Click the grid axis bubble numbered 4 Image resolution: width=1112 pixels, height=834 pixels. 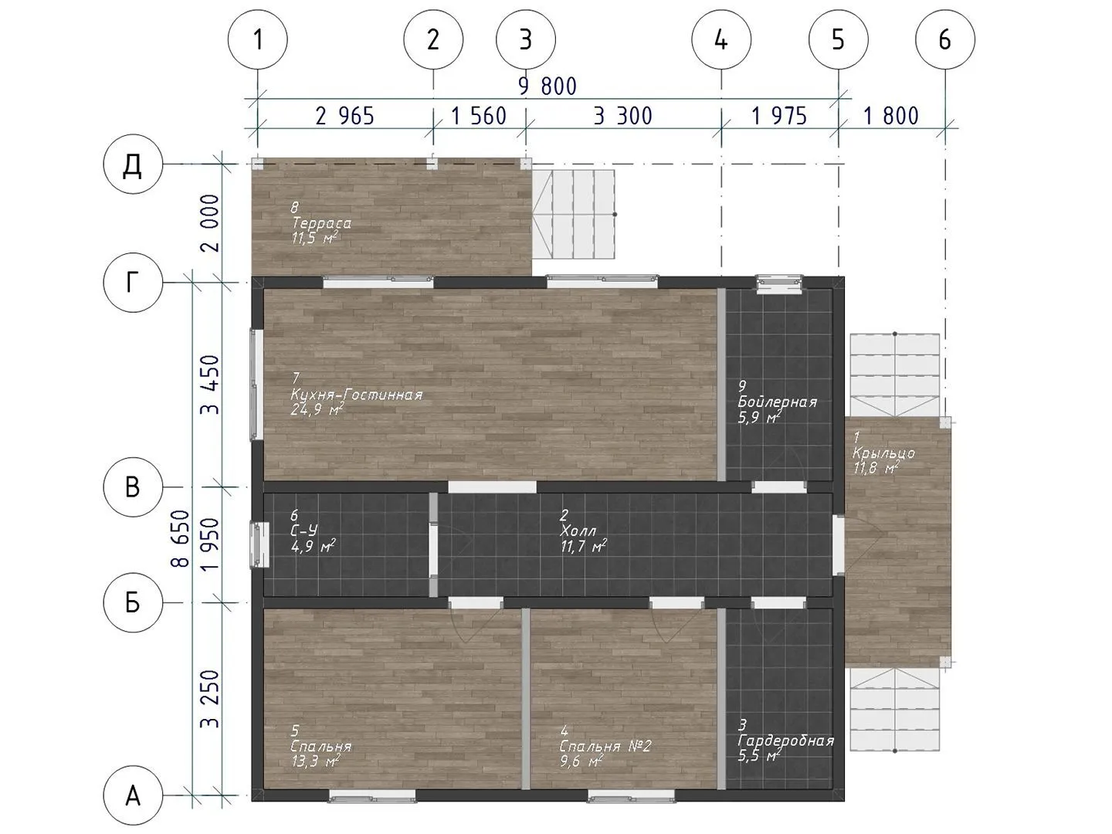pyautogui.click(x=721, y=39)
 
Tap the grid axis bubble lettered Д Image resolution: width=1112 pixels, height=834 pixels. pyautogui.click(x=133, y=164)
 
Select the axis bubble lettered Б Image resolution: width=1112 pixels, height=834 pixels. pyautogui.click(x=133, y=602)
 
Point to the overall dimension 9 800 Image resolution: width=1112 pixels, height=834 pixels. pyautogui.click(x=548, y=86)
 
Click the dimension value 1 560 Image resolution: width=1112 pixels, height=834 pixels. pyautogui.click(x=479, y=116)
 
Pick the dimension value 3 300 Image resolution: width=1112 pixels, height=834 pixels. pyautogui.click(x=622, y=116)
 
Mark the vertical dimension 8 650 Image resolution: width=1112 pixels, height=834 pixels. pyautogui.click(x=181, y=538)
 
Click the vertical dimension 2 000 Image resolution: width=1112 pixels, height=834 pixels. pyautogui.click(x=211, y=223)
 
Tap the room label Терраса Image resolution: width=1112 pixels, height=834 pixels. pyautogui.click(x=321, y=223)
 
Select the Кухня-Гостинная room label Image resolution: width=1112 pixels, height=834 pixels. pyautogui.click(x=356, y=395)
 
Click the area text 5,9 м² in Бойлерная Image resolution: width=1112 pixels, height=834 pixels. pyautogui.click(x=759, y=417)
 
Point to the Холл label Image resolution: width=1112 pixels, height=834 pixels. pyautogui.click(x=578, y=531)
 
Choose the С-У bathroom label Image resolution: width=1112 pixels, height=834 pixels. pyautogui.click(x=304, y=531)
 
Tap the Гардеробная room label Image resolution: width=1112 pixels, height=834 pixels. pyautogui.click(x=786, y=741)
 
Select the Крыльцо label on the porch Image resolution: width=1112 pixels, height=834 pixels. pyautogui.click(x=884, y=453)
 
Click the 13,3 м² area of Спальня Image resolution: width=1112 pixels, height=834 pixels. pyautogui.click(x=315, y=761)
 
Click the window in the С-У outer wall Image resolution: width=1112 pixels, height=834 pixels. pyautogui.click(x=259, y=545)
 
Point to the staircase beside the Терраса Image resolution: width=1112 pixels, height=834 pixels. pyautogui.click(x=574, y=214)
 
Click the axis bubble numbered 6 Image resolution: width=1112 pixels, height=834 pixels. pyautogui.click(x=945, y=39)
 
